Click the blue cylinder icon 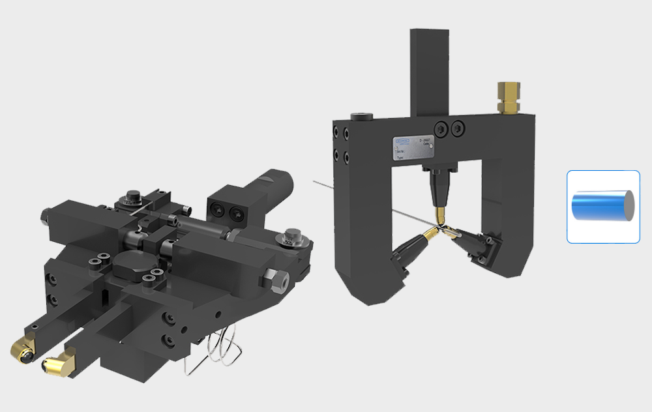[602, 207]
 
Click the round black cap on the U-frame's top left [359, 117]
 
